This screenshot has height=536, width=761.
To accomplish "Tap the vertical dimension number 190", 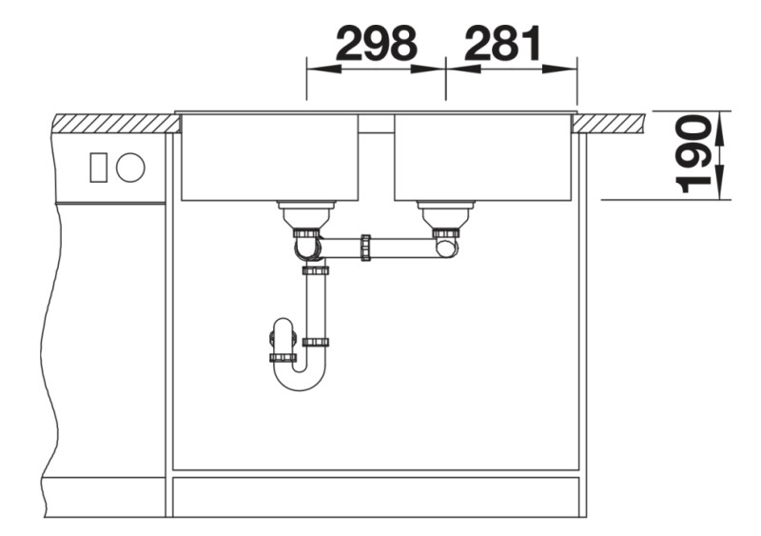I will [694, 154].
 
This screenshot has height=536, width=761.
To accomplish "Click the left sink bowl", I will [269, 157].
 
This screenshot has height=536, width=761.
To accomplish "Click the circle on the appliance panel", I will [130, 168].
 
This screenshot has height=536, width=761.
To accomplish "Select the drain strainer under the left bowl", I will [305, 213].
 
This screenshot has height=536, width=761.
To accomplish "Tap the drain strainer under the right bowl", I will [444, 213].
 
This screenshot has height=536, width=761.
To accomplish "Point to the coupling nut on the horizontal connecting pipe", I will [365, 248].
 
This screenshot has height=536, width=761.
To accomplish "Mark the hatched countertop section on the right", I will [609, 122].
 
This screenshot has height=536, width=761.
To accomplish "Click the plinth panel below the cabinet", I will [376, 494].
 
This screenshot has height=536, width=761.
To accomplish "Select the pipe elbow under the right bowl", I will [444, 248].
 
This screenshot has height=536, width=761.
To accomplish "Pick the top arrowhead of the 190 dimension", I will [719, 119].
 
